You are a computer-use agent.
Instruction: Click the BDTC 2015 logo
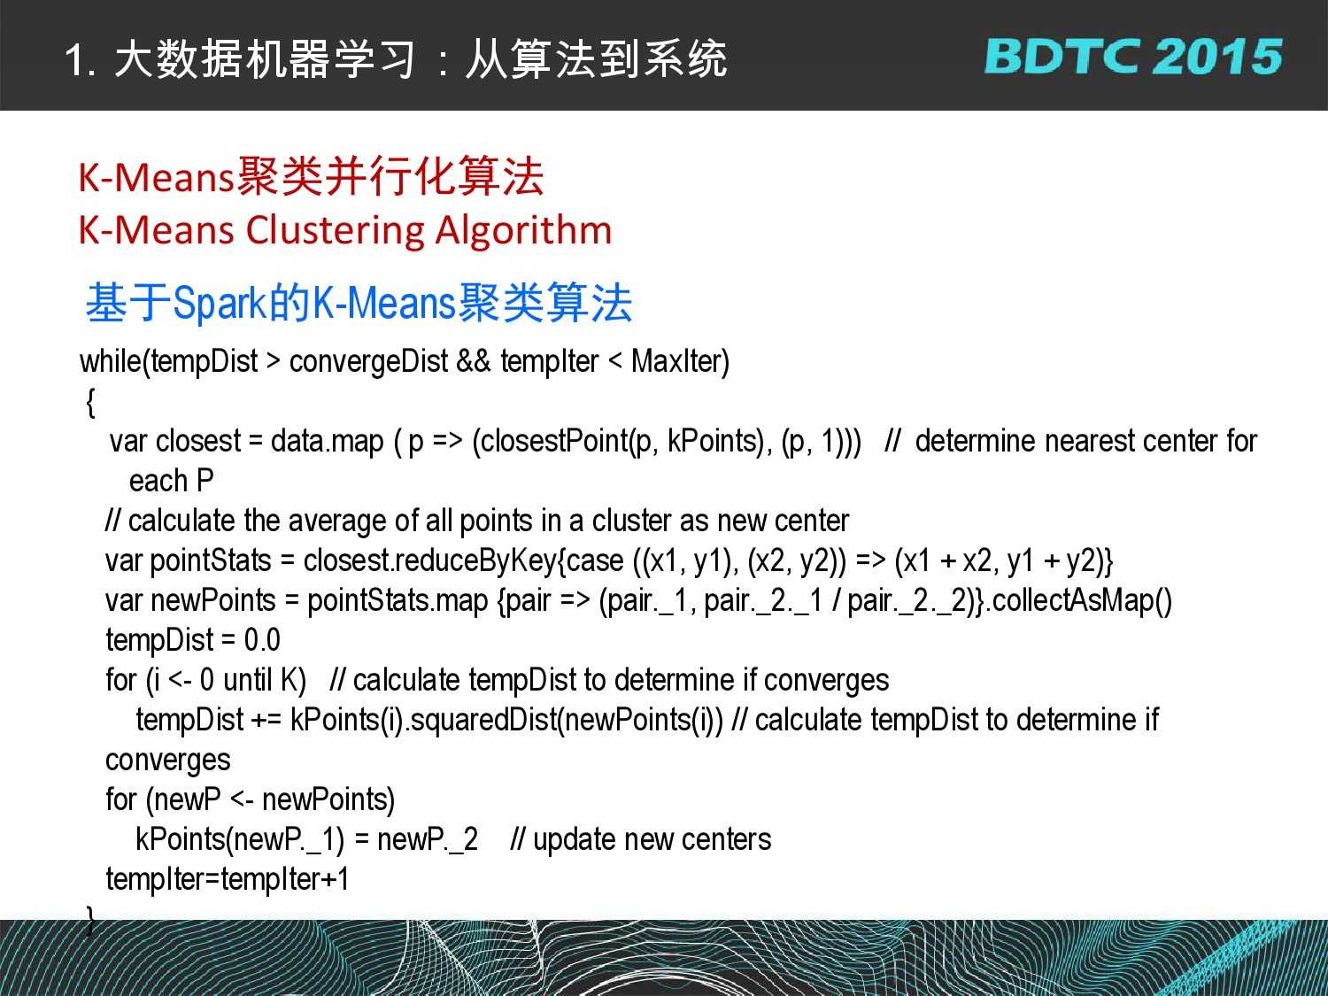pos(1133,57)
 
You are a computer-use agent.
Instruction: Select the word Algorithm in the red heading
pos(524,231)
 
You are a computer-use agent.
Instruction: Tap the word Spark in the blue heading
pos(220,303)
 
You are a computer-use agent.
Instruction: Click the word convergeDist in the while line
pos(368,361)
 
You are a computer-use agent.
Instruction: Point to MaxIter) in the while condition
pos(680,361)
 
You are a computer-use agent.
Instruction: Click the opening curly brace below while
pos(91,402)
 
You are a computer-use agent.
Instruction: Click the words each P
pos(171,482)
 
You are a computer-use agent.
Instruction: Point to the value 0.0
pos(262,640)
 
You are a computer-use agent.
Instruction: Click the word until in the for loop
pos(247,680)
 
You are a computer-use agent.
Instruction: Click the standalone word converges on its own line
pos(167,761)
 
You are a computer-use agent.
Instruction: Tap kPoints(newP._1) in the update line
pos(240,840)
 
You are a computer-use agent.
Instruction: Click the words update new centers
pos(652,840)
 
